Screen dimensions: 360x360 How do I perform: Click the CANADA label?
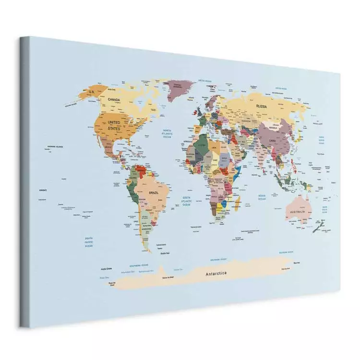[114, 100]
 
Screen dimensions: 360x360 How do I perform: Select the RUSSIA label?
[262, 106]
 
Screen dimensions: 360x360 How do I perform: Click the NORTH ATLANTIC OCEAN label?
[167, 133]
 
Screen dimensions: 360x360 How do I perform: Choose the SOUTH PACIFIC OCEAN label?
[89, 242]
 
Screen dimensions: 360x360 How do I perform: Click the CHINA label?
[272, 141]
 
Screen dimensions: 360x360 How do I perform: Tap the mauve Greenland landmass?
[179, 89]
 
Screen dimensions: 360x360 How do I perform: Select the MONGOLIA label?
[273, 128]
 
